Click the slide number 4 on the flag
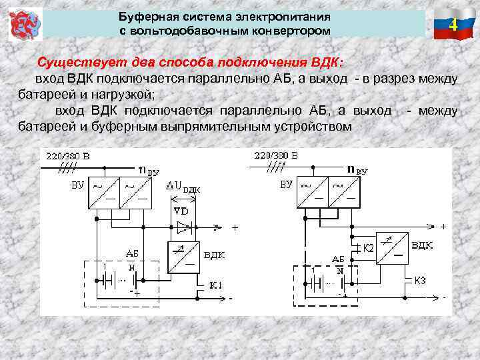[453, 25]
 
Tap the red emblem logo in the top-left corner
[23, 25]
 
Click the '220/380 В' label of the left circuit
[67, 157]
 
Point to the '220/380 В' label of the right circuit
[276, 155]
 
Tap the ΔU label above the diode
[182, 186]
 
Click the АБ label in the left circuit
[132, 253]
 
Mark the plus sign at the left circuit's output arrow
[235, 227]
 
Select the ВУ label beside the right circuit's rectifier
[286, 183]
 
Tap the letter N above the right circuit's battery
[340, 271]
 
